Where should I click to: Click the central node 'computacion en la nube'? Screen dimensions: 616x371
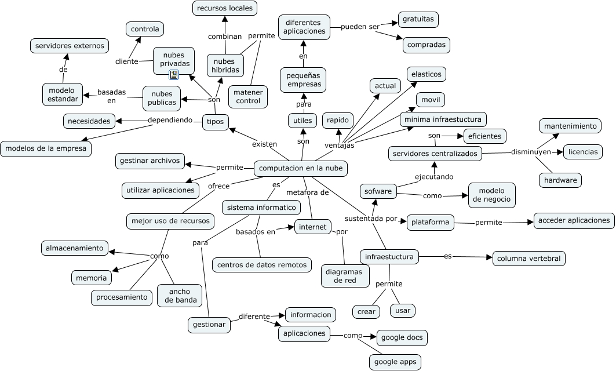coord(301,168)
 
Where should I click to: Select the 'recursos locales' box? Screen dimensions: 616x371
coord(225,8)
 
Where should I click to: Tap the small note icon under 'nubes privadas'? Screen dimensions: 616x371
coord(174,75)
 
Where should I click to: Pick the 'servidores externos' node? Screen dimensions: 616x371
coord(70,46)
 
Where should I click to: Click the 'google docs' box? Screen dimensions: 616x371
coord(402,337)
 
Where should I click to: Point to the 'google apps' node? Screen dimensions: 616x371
coord(395,362)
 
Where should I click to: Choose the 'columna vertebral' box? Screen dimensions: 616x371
coord(528,259)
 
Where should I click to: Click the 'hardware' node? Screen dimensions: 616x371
coord(560,180)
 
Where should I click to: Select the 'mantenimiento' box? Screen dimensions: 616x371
coord(570,126)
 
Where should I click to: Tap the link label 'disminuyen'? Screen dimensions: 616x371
coord(531,152)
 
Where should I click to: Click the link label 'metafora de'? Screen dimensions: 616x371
coord(307,192)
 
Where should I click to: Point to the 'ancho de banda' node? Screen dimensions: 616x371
coord(180,296)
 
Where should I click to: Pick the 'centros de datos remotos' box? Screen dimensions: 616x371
coord(262,265)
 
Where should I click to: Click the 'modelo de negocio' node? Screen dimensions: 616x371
coord(491,195)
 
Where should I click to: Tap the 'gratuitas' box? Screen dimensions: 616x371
coord(418,19)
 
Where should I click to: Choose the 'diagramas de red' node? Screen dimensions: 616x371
coord(345,276)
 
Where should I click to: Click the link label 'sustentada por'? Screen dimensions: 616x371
coord(370,219)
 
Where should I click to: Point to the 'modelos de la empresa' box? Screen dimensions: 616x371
coord(46,149)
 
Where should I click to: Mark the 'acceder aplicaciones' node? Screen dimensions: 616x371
coord(574,220)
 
